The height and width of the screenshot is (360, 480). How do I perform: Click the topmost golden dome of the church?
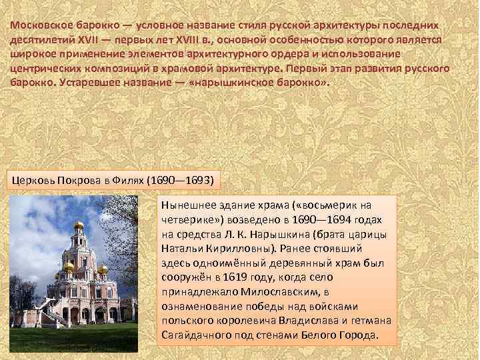coord(79,225)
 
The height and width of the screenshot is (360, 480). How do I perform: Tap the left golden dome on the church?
coord(68,266)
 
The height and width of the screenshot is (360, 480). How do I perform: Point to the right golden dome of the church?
coord(102,269)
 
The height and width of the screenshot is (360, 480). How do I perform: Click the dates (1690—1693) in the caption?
coord(181,180)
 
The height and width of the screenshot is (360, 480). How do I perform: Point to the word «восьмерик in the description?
coord(328,205)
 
